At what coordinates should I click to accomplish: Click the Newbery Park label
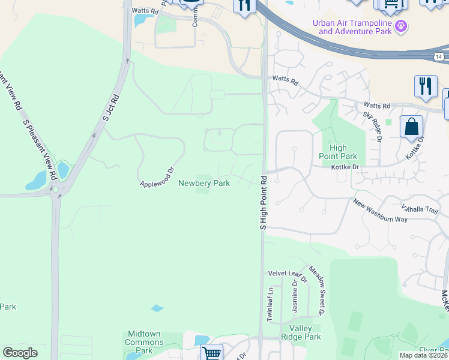204,184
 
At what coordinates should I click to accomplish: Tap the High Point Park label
343,152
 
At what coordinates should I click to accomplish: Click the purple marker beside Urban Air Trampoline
402,26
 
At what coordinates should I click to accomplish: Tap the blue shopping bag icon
412,128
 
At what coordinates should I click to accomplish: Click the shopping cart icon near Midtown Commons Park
211,353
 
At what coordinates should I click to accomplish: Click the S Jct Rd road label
111,107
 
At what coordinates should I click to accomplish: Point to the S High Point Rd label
263,202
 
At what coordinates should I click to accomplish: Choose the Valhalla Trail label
421,209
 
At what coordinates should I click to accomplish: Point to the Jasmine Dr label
295,296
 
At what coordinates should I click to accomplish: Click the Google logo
20,353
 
